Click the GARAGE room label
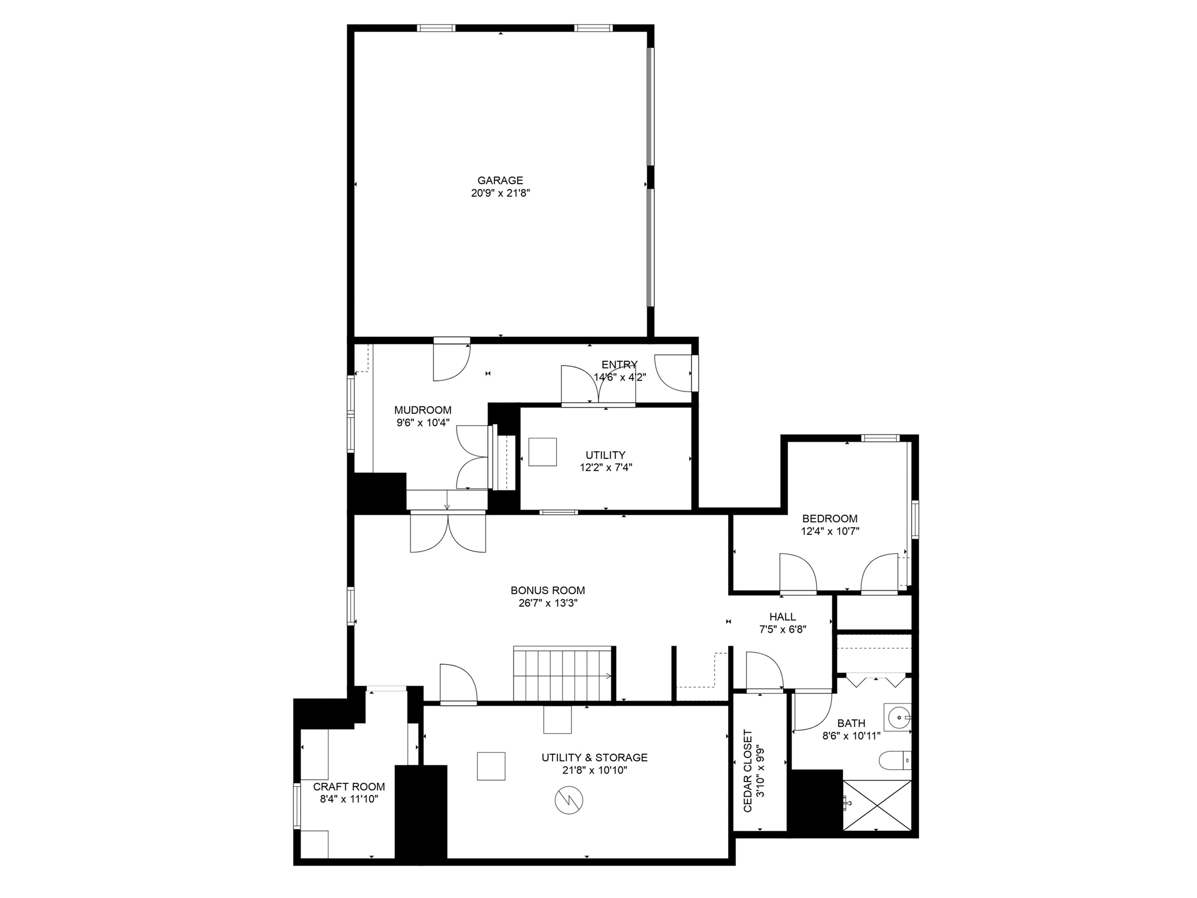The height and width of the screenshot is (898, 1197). pos(500,180)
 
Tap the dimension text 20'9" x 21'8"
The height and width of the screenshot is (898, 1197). pos(500,193)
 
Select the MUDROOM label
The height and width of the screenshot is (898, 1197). pos(423,410)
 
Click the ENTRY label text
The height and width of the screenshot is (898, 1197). pos(620,364)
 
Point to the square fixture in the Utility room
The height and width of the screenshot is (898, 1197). pos(542,452)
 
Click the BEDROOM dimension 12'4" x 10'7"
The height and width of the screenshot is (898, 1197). pos(830,531)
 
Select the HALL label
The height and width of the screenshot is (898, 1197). pos(782,616)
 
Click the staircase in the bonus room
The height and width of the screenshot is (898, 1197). pos(563,674)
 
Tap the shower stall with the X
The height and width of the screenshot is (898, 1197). pos(877,805)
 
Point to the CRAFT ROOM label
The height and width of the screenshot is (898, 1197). pos(349,787)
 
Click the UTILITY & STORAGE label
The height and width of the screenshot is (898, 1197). pos(594,757)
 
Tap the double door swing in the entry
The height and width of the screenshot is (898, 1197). pos(598,385)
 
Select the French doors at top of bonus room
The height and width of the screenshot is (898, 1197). pos(448,533)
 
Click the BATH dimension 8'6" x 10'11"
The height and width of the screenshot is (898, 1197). pos(851,736)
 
